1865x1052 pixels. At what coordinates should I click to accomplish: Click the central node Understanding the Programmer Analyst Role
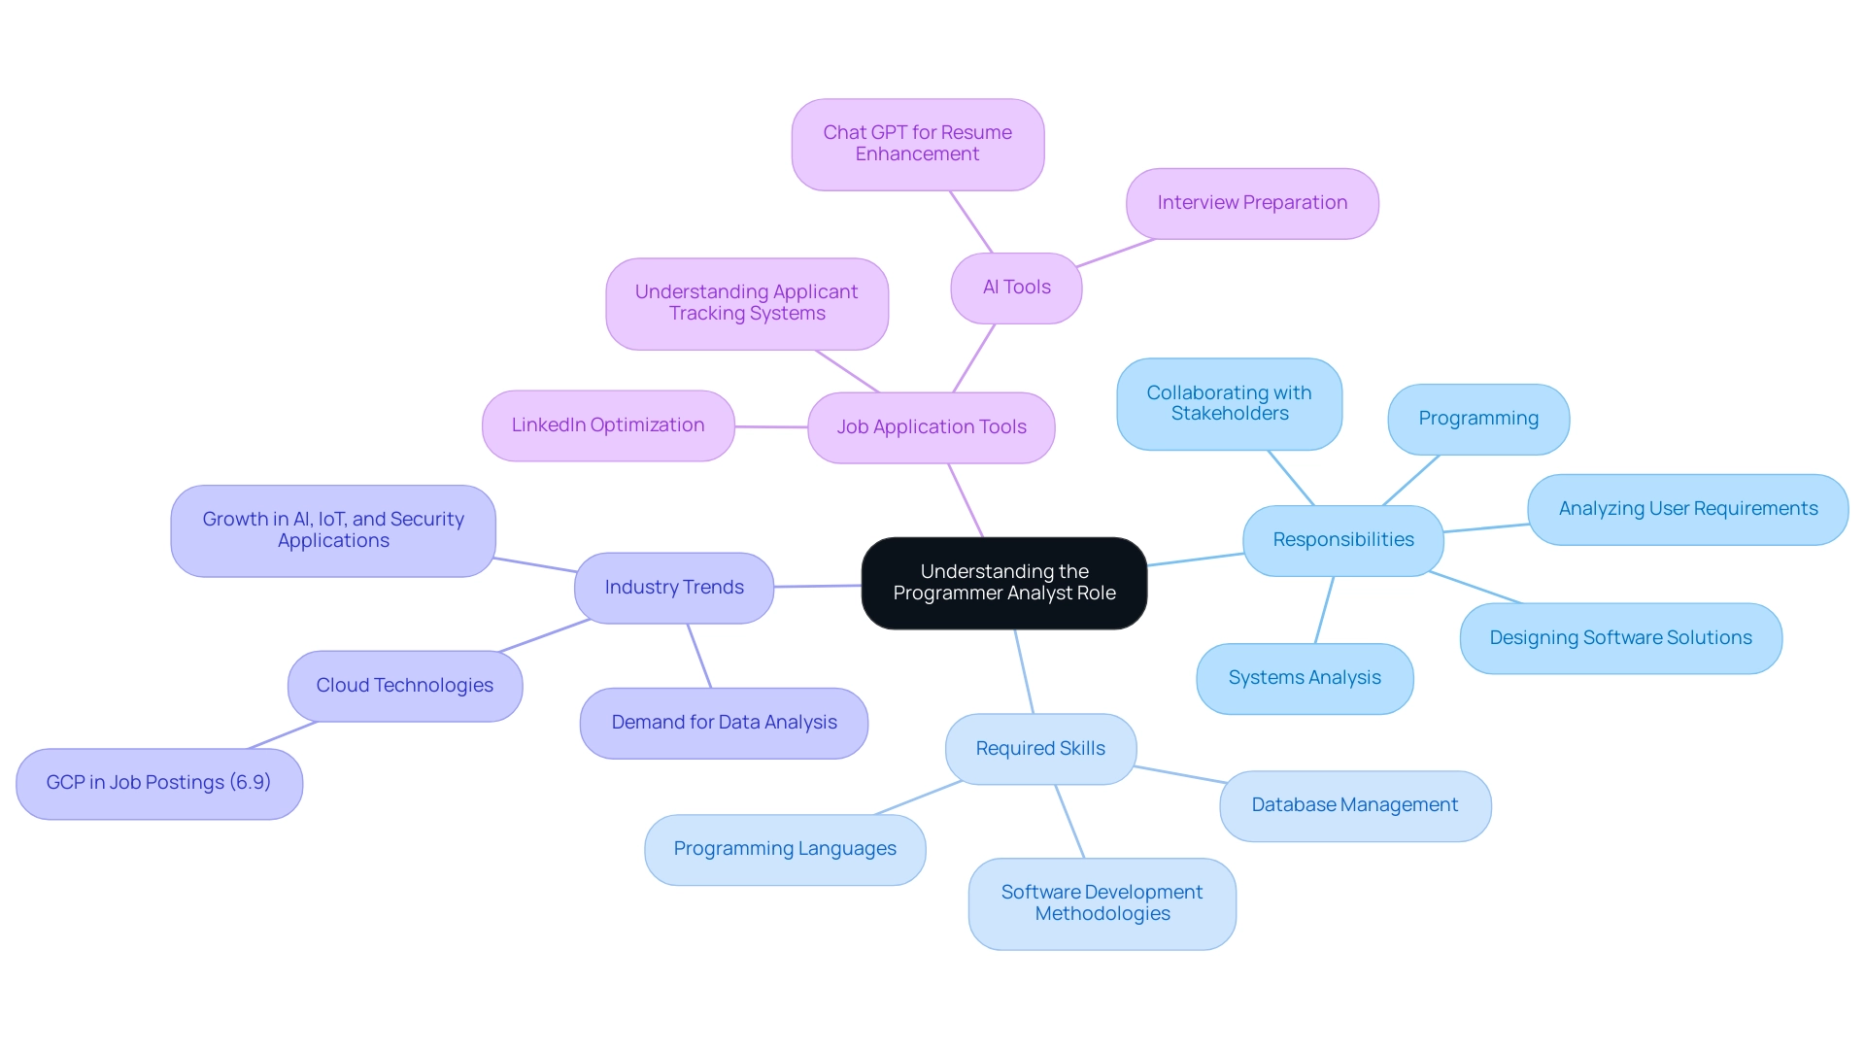[x=1003, y=583]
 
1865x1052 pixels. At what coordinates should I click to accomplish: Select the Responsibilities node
[x=1342, y=540]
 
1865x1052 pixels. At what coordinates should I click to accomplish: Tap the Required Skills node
[x=1040, y=749]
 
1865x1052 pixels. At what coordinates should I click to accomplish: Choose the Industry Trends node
[x=674, y=588]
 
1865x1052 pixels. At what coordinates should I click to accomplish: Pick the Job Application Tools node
[x=932, y=427]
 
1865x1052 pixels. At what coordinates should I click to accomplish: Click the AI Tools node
[x=1016, y=288]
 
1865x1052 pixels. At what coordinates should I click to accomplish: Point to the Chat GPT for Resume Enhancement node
[x=917, y=144]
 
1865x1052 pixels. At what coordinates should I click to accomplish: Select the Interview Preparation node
[x=1252, y=203]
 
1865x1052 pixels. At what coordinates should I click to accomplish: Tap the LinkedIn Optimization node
[x=608, y=425]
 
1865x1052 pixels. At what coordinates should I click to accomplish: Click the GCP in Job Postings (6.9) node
[x=158, y=783]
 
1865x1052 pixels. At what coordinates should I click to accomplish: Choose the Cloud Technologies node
[x=404, y=686]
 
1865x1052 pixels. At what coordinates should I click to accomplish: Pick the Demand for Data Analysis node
[x=724, y=723]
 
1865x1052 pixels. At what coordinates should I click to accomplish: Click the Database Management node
[x=1354, y=805]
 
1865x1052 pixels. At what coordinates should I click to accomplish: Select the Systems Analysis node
[x=1304, y=678]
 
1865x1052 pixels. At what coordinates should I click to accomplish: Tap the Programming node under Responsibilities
[x=1477, y=419]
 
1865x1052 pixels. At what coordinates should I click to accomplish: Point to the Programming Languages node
[x=785, y=849]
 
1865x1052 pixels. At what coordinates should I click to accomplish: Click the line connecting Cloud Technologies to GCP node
[x=283, y=735]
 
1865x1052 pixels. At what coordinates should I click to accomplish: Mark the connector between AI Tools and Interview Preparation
[x=1115, y=253]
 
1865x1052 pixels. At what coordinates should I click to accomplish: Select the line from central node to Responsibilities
[x=1195, y=560]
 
